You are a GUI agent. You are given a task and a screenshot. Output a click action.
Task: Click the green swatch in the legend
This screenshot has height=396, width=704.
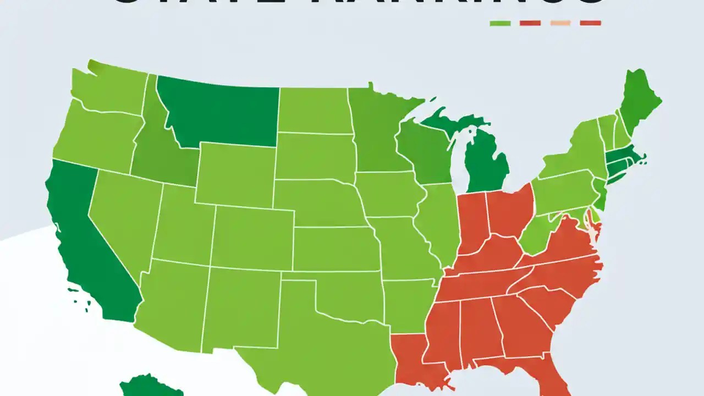[x=500, y=23]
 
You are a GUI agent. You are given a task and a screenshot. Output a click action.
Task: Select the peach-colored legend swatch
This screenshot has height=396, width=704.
[x=560, y=23]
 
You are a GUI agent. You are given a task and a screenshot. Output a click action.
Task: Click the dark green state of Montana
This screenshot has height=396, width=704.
[x=220, y=113]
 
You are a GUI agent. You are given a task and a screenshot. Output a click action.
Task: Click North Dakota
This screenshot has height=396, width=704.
[x=313, y=110]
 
